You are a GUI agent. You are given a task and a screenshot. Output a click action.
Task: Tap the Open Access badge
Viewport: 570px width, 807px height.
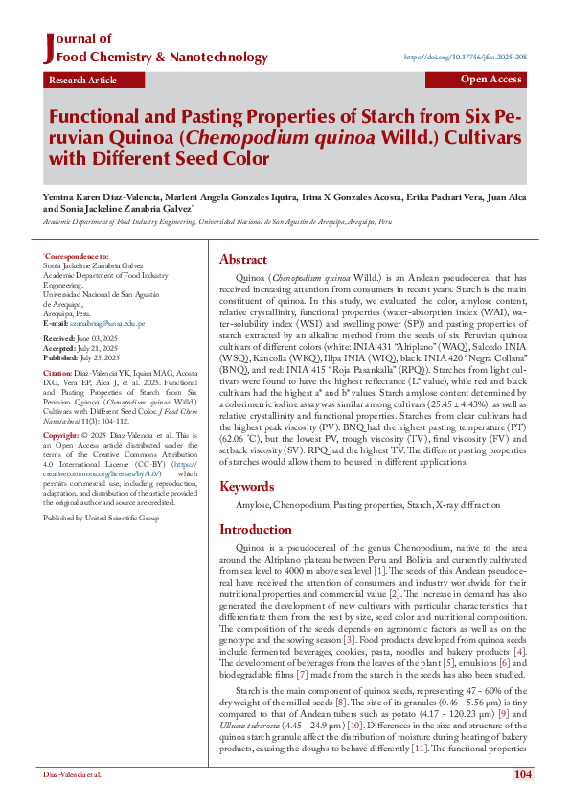point(491,80)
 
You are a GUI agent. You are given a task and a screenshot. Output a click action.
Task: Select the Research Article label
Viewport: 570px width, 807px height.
point(82,81)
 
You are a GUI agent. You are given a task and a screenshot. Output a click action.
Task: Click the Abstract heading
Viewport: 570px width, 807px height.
point(243,259)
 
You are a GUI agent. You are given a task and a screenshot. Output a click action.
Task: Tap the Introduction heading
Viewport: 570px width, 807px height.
point(257,529)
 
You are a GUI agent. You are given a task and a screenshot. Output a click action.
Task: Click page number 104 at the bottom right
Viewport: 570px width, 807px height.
point(522,774)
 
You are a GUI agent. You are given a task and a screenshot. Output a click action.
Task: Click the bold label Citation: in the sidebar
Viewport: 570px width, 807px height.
point(57,372)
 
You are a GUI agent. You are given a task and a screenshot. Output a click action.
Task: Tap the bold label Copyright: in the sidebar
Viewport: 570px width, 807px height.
point(60,435)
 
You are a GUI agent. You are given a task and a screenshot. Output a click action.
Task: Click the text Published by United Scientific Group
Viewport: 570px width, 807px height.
point(101,518)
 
